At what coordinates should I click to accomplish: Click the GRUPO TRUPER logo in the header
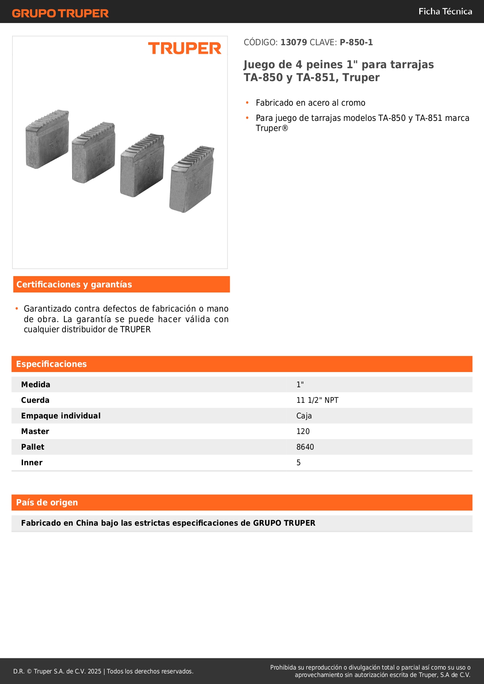click(60, 13)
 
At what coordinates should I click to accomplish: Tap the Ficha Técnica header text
click(445, 11)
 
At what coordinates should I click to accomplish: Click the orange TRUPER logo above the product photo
click(184, 48)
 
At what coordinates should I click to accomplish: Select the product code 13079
click(294, 43)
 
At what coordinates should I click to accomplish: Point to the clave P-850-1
click(356, 43)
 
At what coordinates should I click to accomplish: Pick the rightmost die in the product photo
click(191, 179)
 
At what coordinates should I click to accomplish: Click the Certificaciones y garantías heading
click(74, 285)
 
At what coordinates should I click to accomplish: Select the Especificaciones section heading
click(51, 364)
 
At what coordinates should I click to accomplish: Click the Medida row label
click(35, 385)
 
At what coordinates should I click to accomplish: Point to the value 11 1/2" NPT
click(317, 400)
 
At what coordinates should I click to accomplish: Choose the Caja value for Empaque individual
click(304, 416)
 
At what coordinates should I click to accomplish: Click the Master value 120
click(303, 431)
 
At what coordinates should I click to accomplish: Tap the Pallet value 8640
click(305, 447)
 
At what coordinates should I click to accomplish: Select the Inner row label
click(32, 462)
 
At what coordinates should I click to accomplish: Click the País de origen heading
click(47, 503)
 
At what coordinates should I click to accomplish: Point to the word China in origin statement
click(87, 523)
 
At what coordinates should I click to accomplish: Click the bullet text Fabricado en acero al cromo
click(310, 103)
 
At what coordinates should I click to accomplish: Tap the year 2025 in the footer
click(94, 671)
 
